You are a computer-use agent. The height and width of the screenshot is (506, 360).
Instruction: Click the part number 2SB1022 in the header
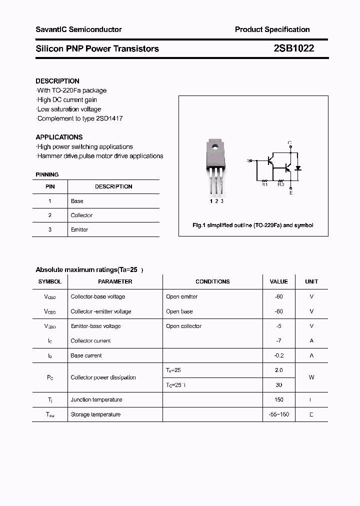(293, 48)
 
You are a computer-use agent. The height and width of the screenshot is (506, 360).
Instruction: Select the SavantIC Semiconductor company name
(78, 29)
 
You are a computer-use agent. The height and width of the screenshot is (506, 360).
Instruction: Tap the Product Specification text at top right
(272, 29)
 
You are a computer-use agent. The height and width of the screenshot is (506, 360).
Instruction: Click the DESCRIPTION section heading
(57, 81)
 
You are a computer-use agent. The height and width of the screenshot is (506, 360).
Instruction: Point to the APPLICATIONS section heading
(59, 137)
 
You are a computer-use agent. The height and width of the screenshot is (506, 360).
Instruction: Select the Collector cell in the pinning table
(81, 215)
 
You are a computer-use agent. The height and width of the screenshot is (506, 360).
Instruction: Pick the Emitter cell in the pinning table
(79, 229)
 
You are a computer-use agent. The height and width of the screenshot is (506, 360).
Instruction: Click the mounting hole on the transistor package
(214, 147)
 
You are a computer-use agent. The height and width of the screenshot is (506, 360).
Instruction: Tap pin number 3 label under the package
(222, 201)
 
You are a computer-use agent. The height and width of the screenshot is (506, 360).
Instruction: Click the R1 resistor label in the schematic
(265, 184)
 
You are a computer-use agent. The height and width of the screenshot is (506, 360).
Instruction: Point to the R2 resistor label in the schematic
(280, 184)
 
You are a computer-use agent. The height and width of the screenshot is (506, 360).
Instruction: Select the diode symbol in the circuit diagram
(298, 168)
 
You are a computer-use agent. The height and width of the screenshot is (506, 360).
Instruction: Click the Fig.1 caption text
(253, 225)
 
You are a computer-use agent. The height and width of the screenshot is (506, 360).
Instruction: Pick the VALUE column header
(278, 281)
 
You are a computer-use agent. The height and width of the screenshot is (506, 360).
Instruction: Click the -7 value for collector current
(278, 340)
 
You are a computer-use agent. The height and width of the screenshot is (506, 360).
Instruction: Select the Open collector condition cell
(183, 326)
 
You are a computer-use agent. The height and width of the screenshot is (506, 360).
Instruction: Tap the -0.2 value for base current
(278, 355)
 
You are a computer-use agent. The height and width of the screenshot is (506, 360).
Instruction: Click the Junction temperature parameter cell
(96, 399)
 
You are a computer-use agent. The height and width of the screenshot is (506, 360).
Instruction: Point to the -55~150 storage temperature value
(278, 414)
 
